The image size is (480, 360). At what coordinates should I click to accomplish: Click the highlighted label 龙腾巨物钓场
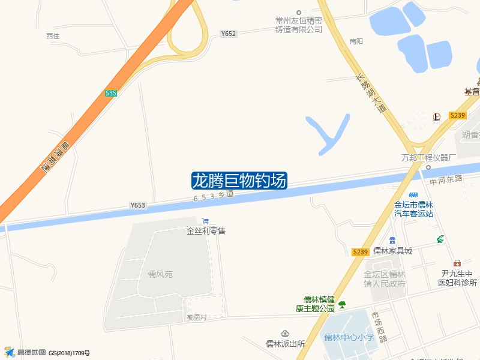click(x=239, y=181)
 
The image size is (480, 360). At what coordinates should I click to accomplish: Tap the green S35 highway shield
click(x=111, y=93)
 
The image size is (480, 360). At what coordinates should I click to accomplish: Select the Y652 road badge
click(x=228, y=34)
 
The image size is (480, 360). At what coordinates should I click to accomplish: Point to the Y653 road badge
click(x=137, y=205)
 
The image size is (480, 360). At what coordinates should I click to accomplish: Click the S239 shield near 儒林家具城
click(x=360, y=252)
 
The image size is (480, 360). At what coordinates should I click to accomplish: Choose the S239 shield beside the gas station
click(x=457, y=115)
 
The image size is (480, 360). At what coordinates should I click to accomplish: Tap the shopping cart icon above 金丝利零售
click(x=206, y=221)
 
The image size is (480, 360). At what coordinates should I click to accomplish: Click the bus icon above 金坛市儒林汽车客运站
click(x=413, y=195)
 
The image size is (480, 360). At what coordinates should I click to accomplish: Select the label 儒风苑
click(x=160, y=274)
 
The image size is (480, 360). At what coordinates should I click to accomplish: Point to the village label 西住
click(x=53, y=36)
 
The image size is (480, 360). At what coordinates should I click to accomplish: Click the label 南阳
click(x=356, y=41)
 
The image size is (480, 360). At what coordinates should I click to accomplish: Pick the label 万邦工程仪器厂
click(x=429, y=157)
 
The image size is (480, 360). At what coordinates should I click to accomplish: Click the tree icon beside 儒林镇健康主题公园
click(x=342, y=305)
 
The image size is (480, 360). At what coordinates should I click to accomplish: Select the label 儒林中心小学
click(x=349, y=337)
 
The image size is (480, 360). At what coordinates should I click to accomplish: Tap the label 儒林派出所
click(x=286, y=344)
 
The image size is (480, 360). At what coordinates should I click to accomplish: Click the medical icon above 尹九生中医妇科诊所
click(x=457, y=263)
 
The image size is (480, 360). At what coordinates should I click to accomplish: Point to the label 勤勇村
click(x=196, y=317)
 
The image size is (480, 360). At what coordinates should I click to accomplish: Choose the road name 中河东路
click(x=446, y=179)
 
